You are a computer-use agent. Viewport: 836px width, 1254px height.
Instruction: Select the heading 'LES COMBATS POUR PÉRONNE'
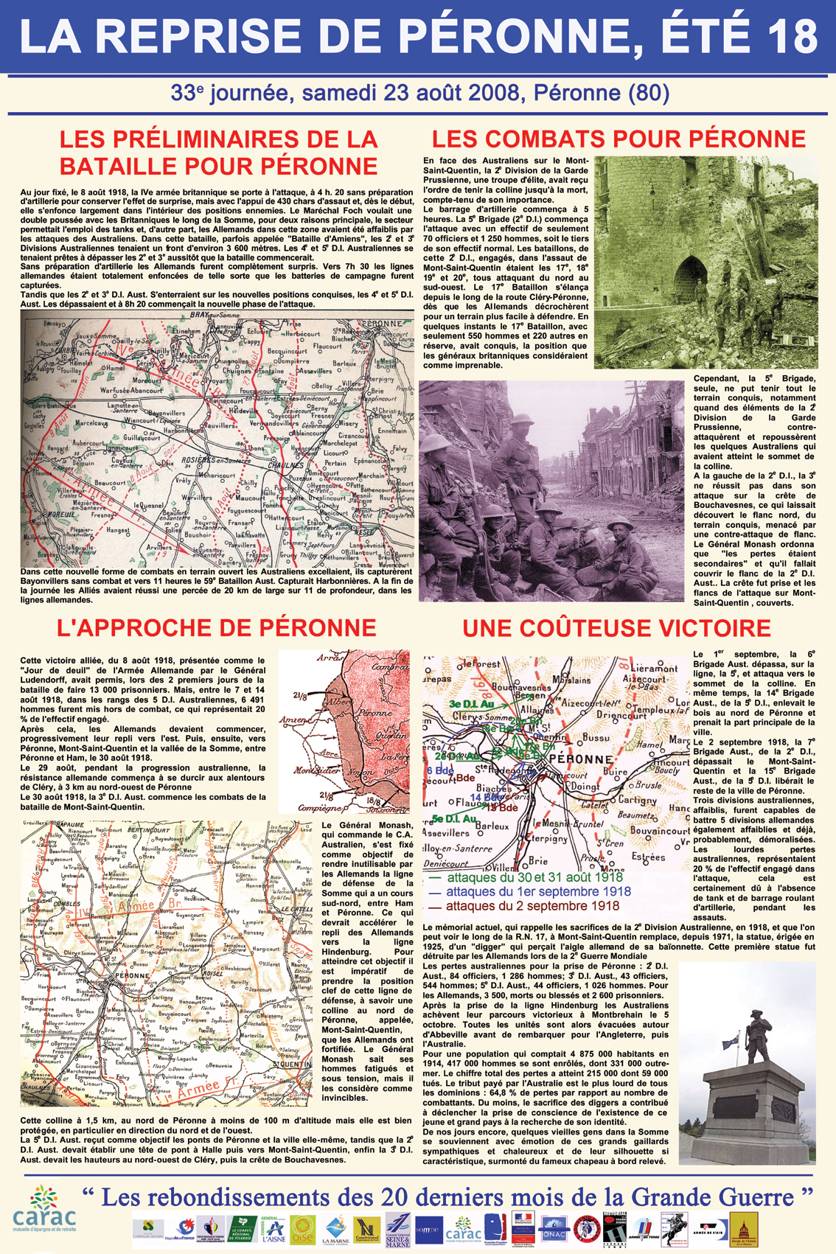(x=618, y=139)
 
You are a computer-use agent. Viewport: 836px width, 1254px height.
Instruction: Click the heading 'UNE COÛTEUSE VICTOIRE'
(x=616, y=628)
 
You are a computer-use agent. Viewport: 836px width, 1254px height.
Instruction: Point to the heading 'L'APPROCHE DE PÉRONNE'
(x=216, y=627)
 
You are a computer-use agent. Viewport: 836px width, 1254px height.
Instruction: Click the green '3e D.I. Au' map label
(x=471, y=704)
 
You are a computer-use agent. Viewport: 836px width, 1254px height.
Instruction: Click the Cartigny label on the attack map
(x=637, y=800)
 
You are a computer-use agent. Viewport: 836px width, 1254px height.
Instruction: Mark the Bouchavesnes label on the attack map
(x=522, y=687)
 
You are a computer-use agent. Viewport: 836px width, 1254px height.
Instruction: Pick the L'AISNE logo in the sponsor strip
(x=274, y=1228)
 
